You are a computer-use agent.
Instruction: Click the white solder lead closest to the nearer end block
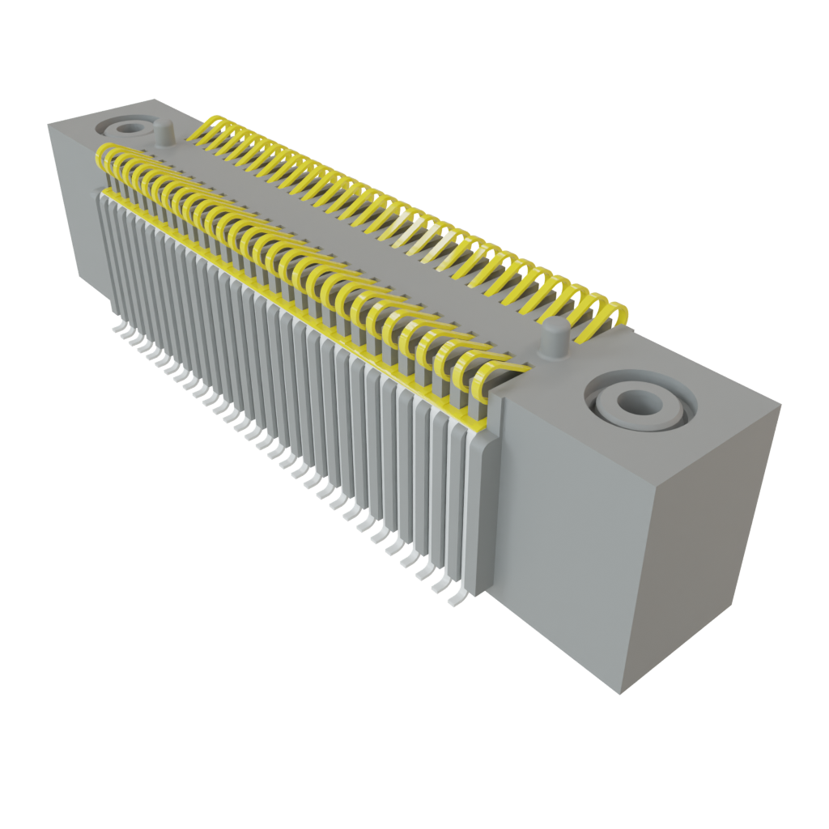[456, 599]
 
